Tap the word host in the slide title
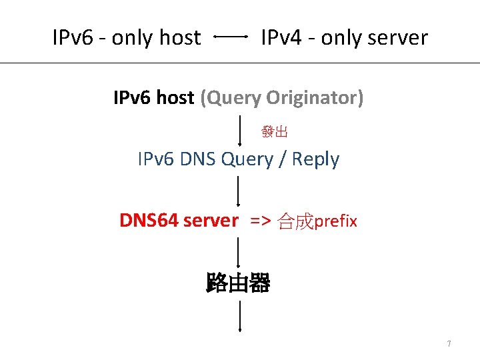[179, 38]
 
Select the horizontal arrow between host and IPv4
[231, 37]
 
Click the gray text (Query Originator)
[282, 98]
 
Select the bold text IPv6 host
[154, 98]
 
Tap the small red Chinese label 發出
[275, 132]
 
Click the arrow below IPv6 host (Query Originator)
[240, 130]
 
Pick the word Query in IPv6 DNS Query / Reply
[247, 159]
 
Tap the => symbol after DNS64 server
[261, 221]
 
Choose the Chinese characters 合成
[295, 221]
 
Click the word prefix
[336, 221]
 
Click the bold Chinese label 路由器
[239, 283]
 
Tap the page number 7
[449, 344]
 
